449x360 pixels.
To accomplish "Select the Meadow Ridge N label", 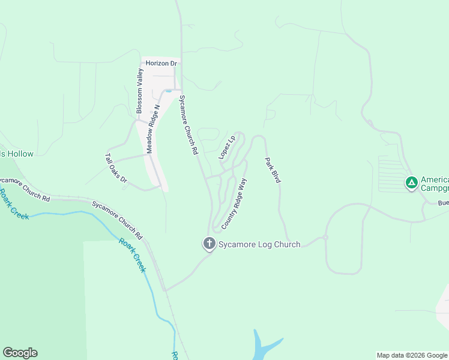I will pyautogui.click(x=153, y=130).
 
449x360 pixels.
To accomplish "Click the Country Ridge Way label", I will pyautogui.click(x=234, y=203).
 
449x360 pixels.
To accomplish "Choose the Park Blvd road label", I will pyautogui.click(x=273, y=170).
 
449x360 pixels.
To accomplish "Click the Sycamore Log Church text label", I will pyautogui.click(x=259, y=244).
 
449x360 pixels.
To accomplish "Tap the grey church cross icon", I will pyautogui.click(x=209, y=244).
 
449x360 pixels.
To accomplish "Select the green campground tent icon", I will pyautogui.click(x=411, y=183).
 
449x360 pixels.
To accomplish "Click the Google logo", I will pyautogui.click(x=20, y=353).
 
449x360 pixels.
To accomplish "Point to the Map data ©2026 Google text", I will pyautogui.click(x=412, y=355).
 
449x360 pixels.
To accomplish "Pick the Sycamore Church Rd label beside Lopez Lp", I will pyautogui.click(x=188, y=125).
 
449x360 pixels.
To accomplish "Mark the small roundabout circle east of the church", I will pyautogui.click(x=325, y=238).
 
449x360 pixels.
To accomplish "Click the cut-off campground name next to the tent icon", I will pyautogui.click(x=435, y=184).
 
